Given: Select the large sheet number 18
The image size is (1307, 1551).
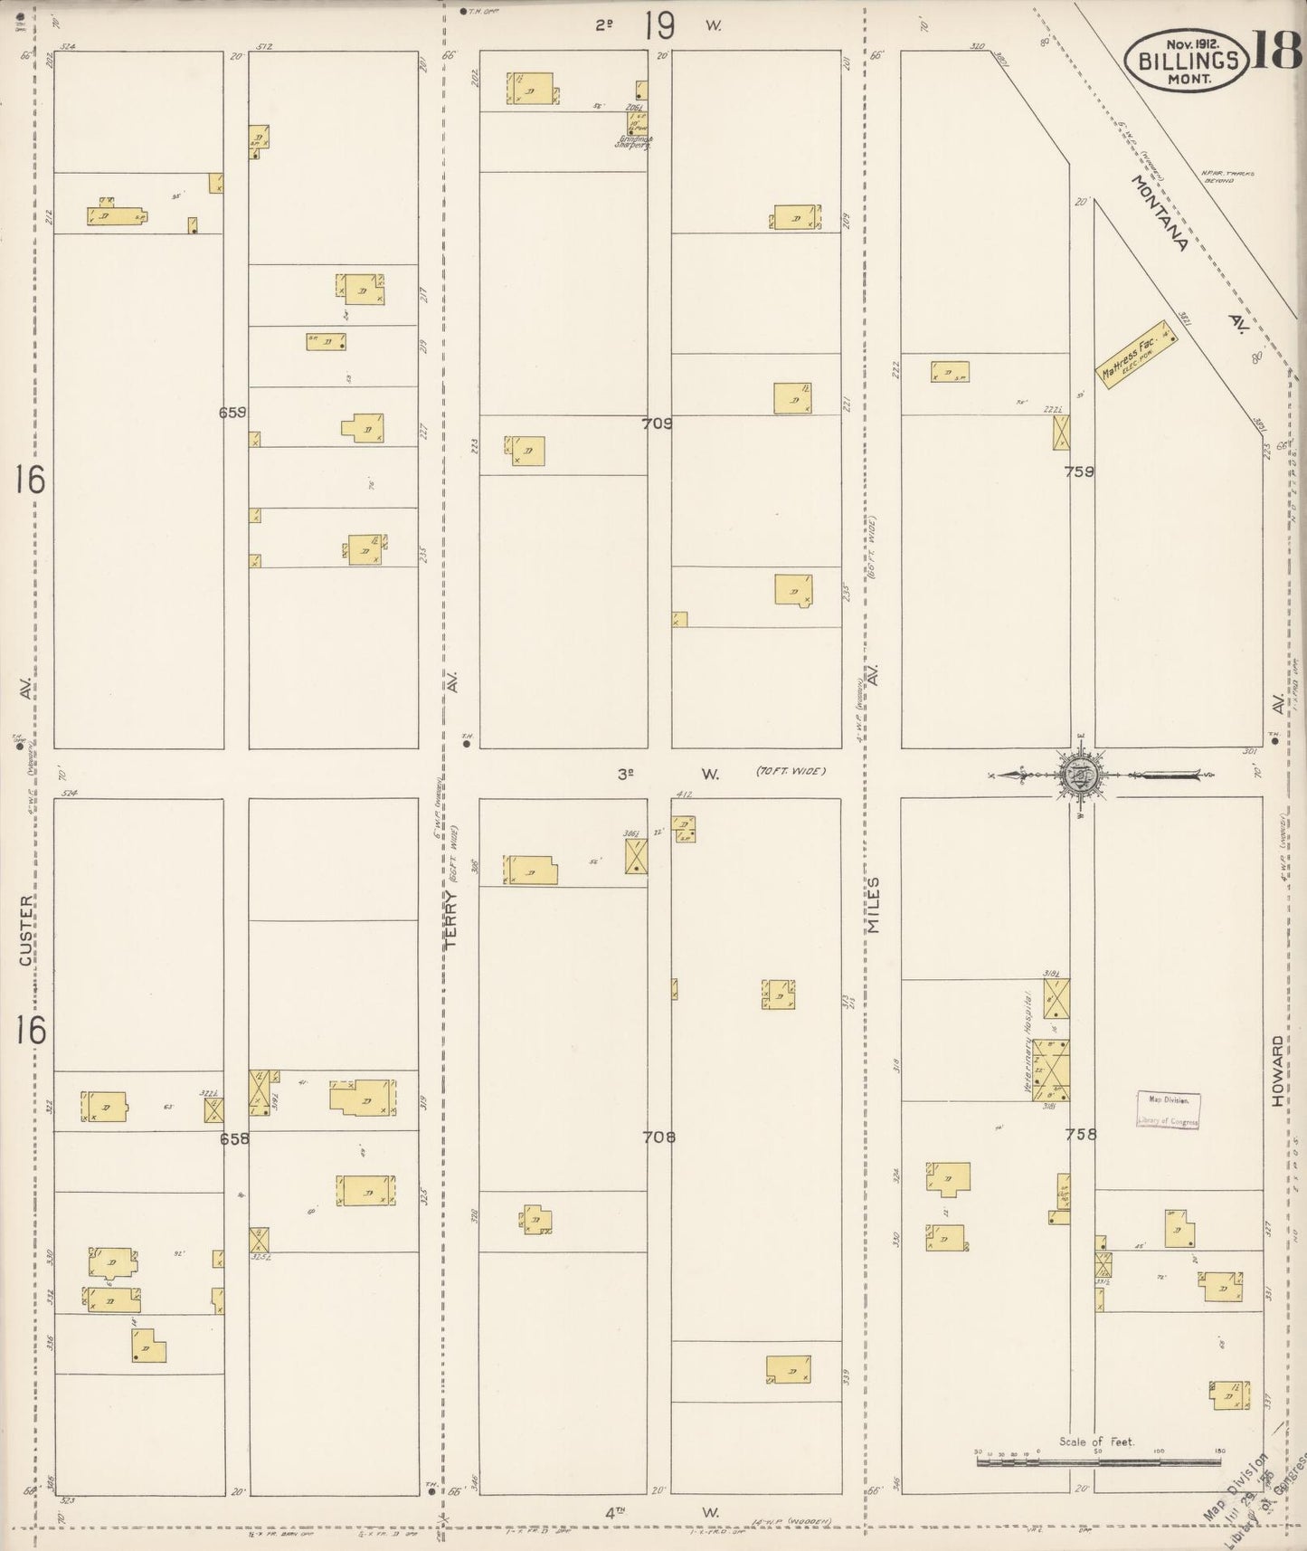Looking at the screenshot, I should tap(1277, 51).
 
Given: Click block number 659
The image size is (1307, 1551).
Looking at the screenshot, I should tap(232, 412).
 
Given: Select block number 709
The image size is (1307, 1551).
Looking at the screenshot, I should tap(658, 422).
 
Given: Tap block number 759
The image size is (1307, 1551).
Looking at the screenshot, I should tap(1080, 471).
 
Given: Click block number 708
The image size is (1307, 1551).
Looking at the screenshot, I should tap(658, 1137).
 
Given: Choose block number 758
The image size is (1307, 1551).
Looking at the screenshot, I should tap(1081, 1134).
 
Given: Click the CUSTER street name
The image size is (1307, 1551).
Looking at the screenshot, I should tap(28, 930).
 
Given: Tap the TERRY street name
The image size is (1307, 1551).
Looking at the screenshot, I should tap(453, 918).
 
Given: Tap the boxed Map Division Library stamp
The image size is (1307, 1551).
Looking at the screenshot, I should tap(1169, 1110).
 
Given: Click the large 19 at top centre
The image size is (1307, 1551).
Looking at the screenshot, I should tap(659, 26).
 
